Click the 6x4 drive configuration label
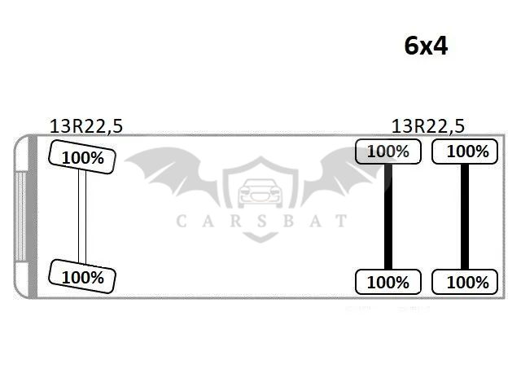click(426, 46)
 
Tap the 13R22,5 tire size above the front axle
click(86, 126)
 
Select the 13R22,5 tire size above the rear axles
click(428, 126)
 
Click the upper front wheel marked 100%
click(82, 157)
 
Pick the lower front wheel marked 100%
click(82, 277)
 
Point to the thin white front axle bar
click(82, 217)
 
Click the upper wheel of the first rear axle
click(388, 152)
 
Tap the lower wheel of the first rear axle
click(388, 282)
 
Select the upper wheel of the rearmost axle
click(465, 152)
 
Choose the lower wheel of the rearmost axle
click(465, 282)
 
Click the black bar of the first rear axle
click(388, 217)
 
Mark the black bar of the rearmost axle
click(465, 217)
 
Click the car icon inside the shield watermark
click(260, 193)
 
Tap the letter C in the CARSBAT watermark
click(181, 221)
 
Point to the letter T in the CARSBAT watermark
click(340, 221)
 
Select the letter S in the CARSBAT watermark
click(262, 221)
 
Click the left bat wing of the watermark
click(172, 173)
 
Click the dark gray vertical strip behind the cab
click(33, 217)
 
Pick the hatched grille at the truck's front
click(20, 216)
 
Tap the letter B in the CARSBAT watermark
click(288, 221)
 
